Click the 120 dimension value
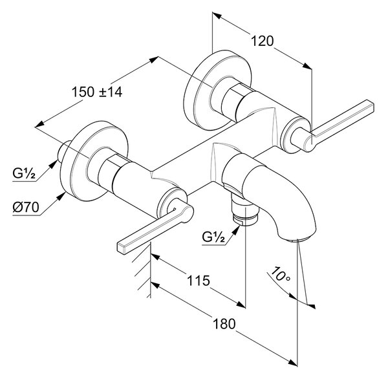coord(263,41)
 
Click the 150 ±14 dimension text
coord(97,92)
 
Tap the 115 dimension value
coord(199,281)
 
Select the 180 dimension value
coord(224,324)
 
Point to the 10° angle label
coord(279,275)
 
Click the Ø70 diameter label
coord(26,207)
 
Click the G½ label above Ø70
coord(24,173)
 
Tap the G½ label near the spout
coord(213,237)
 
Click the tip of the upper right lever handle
coord(370,106)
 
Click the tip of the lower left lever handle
coord(122,248)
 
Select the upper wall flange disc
coord(218,91)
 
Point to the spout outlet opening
coord(299,239)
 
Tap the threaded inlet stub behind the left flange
coord(64,151)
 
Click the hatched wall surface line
coord(150,270)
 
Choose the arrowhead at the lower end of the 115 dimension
coord(241,304)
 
